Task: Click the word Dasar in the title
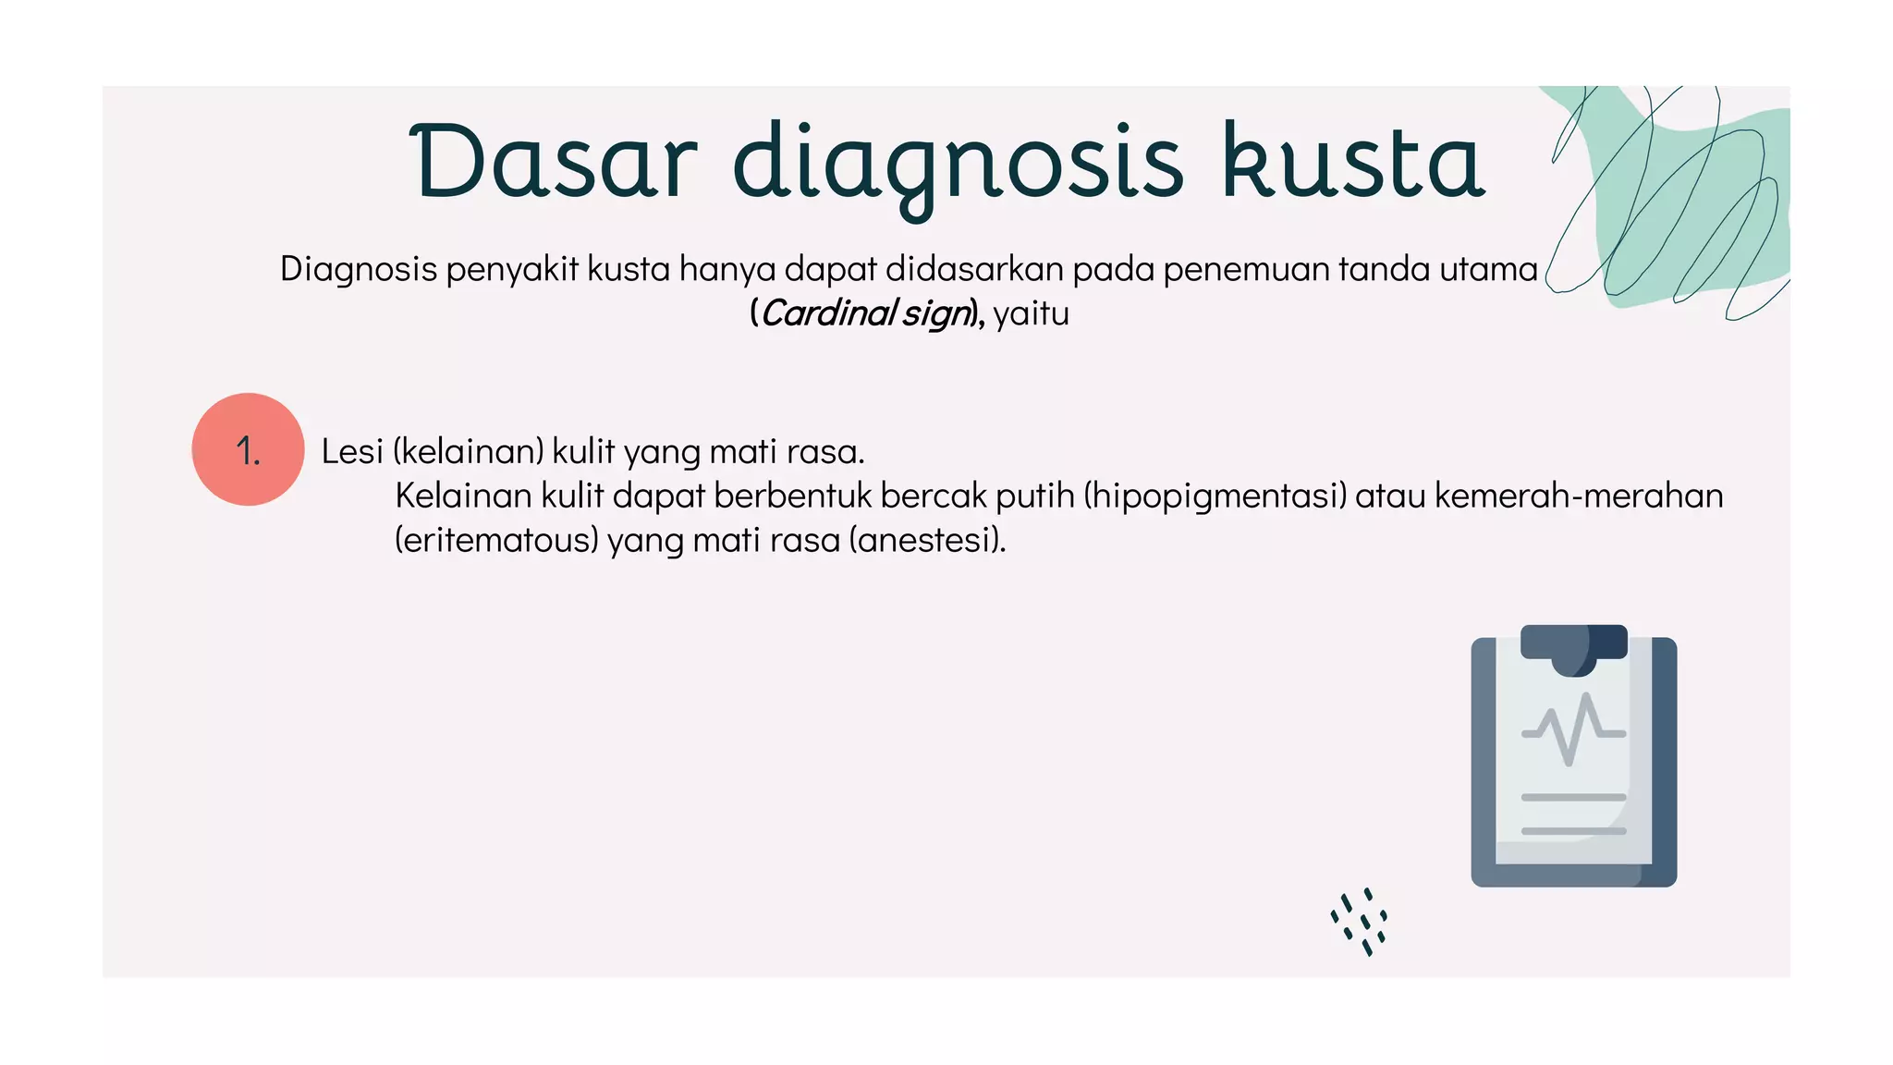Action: point(553,163)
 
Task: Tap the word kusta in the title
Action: point(1353,163)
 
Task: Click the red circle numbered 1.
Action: point(248,449)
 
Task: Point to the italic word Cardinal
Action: point(828,313)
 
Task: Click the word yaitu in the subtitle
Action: point(1031,313)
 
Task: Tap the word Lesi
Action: point(351,451)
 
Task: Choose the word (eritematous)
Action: point(496,540)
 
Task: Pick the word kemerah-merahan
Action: point(1579,496)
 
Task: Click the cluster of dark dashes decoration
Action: point(1360,922)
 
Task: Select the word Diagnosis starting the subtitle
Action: point(359,269)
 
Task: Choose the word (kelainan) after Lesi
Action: point(468,451)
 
